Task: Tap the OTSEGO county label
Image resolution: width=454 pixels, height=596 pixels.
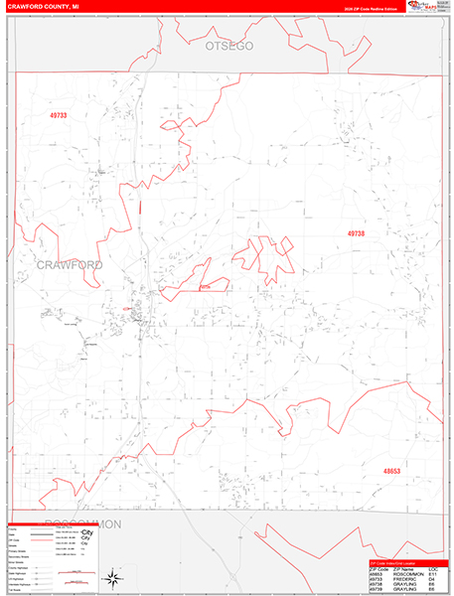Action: tap(230, 47)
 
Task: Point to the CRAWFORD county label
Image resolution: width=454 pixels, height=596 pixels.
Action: tap(72, 265)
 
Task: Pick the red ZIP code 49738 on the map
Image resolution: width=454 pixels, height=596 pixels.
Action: tap(357, 233)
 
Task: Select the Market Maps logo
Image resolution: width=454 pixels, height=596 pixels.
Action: tap(430, 7)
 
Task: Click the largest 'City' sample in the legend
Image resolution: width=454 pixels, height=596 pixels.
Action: tap(85, 536)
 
